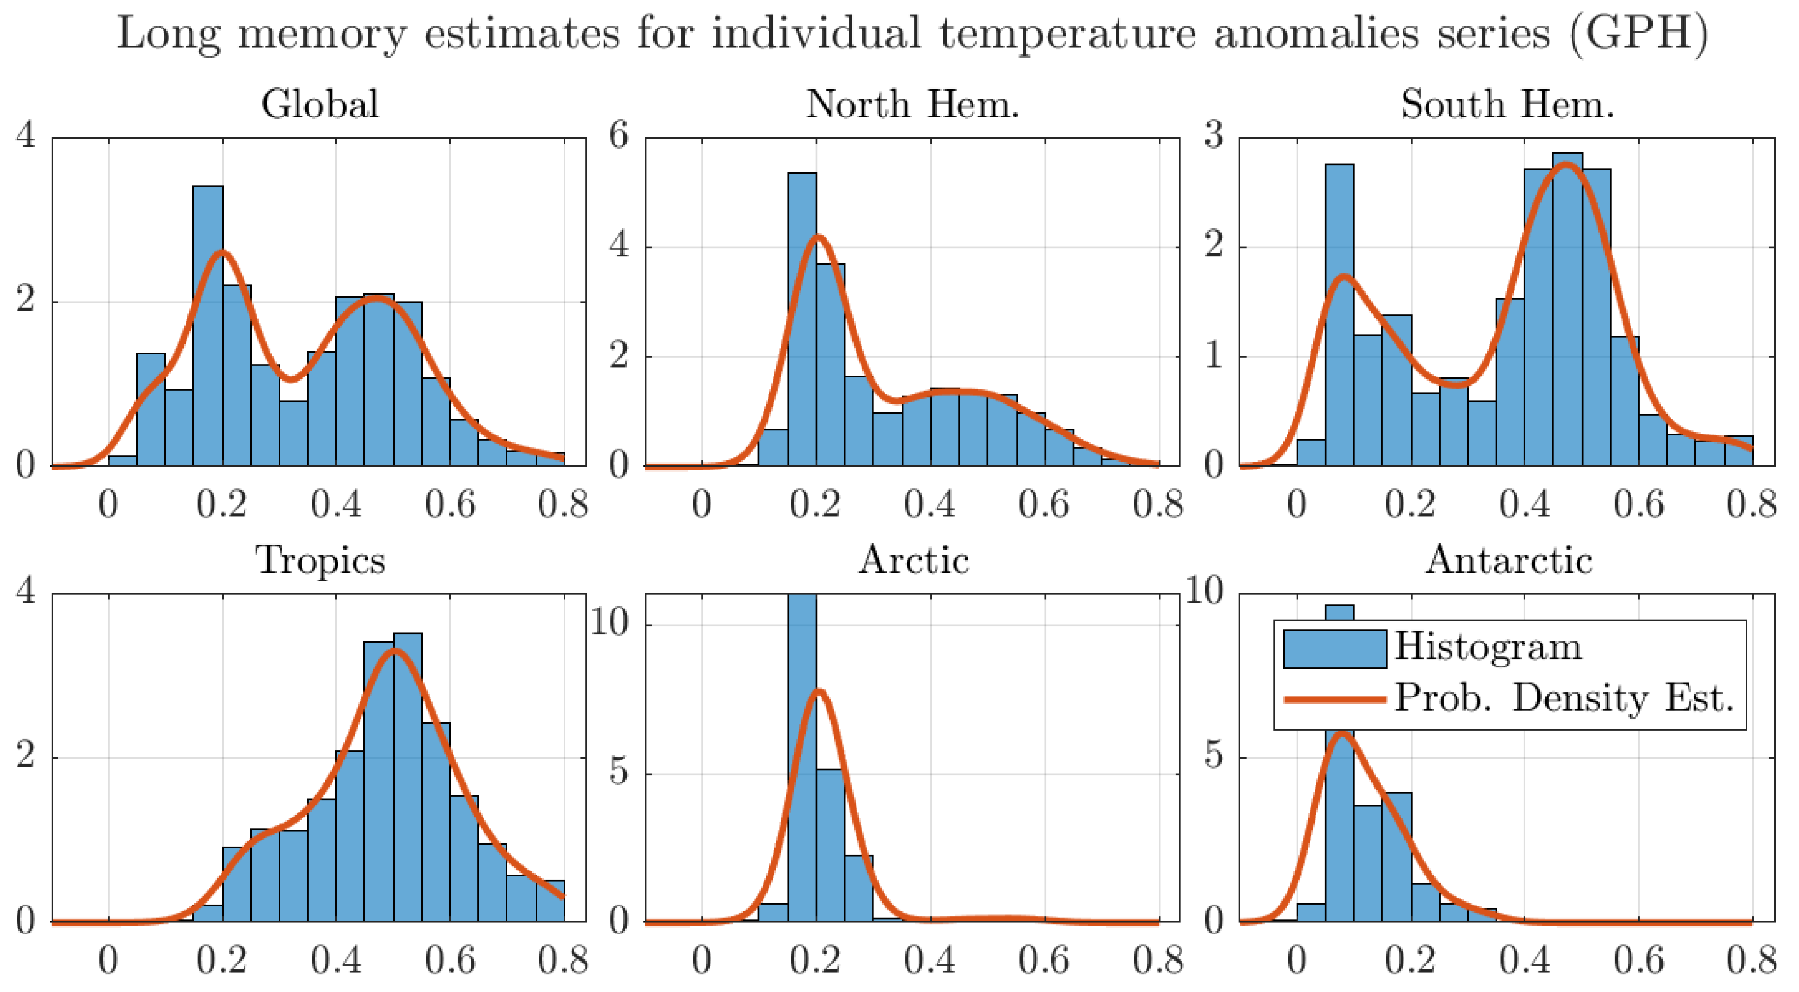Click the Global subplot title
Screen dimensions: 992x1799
320,104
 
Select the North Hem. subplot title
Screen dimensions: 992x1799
912,104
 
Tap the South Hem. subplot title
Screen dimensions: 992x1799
1507,104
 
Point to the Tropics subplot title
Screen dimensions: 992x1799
320,561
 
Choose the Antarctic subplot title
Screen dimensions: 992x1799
1508,561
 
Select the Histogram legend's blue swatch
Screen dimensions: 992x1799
1334,649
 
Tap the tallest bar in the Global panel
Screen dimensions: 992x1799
208,328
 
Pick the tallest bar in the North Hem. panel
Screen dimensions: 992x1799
802,321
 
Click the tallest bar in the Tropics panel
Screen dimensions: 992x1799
407,775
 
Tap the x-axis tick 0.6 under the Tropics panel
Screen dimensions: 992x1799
450,961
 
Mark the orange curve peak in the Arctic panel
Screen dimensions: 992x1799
819,692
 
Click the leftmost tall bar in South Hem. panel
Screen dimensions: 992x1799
1339,314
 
